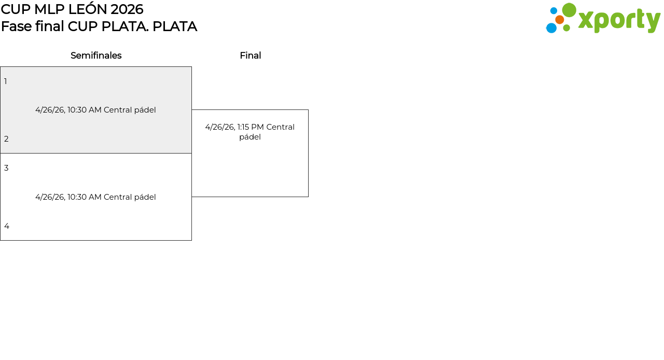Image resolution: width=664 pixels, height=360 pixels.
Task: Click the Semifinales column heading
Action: tap(96, 56)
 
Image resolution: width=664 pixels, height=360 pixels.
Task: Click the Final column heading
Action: tap(250, 56)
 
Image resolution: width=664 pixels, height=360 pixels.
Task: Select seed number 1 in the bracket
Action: tap(6, 81)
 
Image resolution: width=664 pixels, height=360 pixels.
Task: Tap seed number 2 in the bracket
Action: tap(6, 139)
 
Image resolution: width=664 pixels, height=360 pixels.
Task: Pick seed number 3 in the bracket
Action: tap(6, 168)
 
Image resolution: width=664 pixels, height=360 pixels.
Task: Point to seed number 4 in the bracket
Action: tap(7, 226)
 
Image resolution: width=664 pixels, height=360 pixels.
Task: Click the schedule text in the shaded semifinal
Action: tap(95, 110)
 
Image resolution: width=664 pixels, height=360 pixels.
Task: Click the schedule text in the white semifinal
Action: tap(95, 197)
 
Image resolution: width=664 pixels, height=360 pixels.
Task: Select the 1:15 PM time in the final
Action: tap(251, 127)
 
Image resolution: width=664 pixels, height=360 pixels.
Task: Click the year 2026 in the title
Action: tap(127, 9)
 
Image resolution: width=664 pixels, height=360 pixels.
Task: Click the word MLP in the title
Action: tap(49, 9)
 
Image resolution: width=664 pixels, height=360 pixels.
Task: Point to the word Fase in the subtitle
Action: tap(16, 26)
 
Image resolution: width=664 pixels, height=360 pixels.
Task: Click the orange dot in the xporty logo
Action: tap(559, 20)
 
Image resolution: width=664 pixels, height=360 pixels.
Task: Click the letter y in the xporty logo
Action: tap(652, 21)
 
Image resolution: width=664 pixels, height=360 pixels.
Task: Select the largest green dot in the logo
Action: tap(569, 10)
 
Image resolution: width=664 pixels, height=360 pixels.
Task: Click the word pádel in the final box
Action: tap(250, 137)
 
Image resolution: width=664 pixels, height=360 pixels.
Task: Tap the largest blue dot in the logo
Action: tap(551, 28)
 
